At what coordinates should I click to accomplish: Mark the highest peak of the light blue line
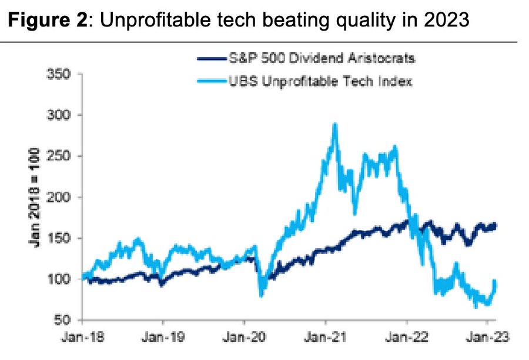334,124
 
